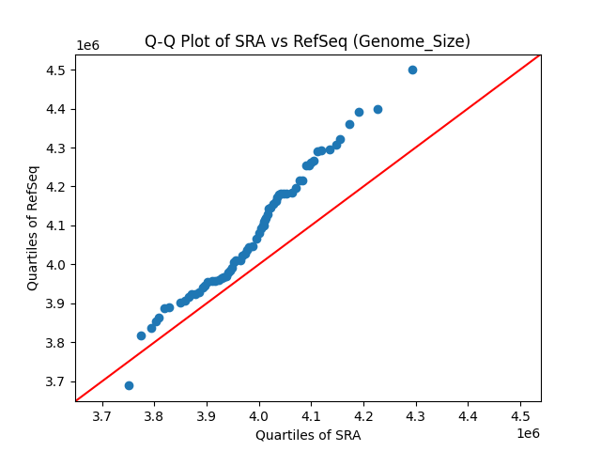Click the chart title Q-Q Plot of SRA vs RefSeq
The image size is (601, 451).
coord(307,41)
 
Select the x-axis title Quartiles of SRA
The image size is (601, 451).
coord(308,435)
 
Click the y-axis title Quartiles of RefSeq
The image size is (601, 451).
coord(33,227)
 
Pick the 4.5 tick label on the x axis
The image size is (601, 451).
coord(521,414)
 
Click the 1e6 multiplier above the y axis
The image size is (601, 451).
coord(89,45)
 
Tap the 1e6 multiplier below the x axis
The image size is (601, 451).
coord(527,432)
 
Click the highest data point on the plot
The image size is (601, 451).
coord(412,70)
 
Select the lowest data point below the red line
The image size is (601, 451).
coord(129,385)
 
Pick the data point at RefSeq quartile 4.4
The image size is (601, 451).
coord(378,109)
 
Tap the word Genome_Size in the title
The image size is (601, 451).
coord(424,41)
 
